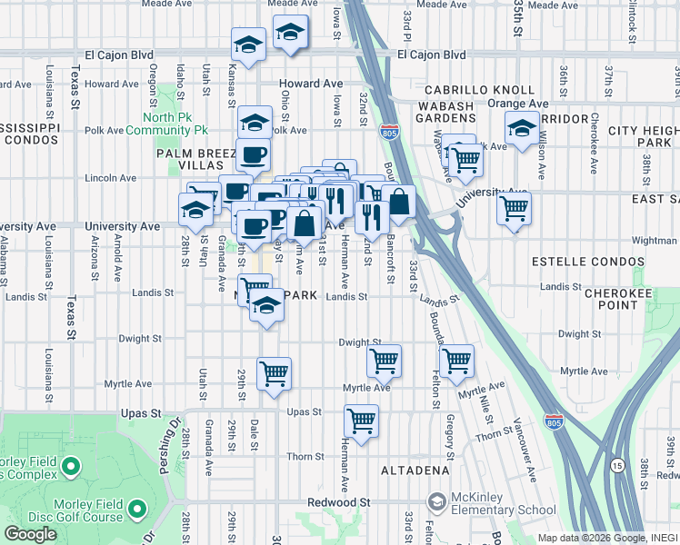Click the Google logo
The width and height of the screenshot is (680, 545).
pos(30,533)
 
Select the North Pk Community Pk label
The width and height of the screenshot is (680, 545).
pos(180,124)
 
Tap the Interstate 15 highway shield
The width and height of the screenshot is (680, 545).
pos(617,464)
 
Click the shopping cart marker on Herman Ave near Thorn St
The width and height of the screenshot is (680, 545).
pos(362,421)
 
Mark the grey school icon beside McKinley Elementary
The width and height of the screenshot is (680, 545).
pos(437,502)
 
